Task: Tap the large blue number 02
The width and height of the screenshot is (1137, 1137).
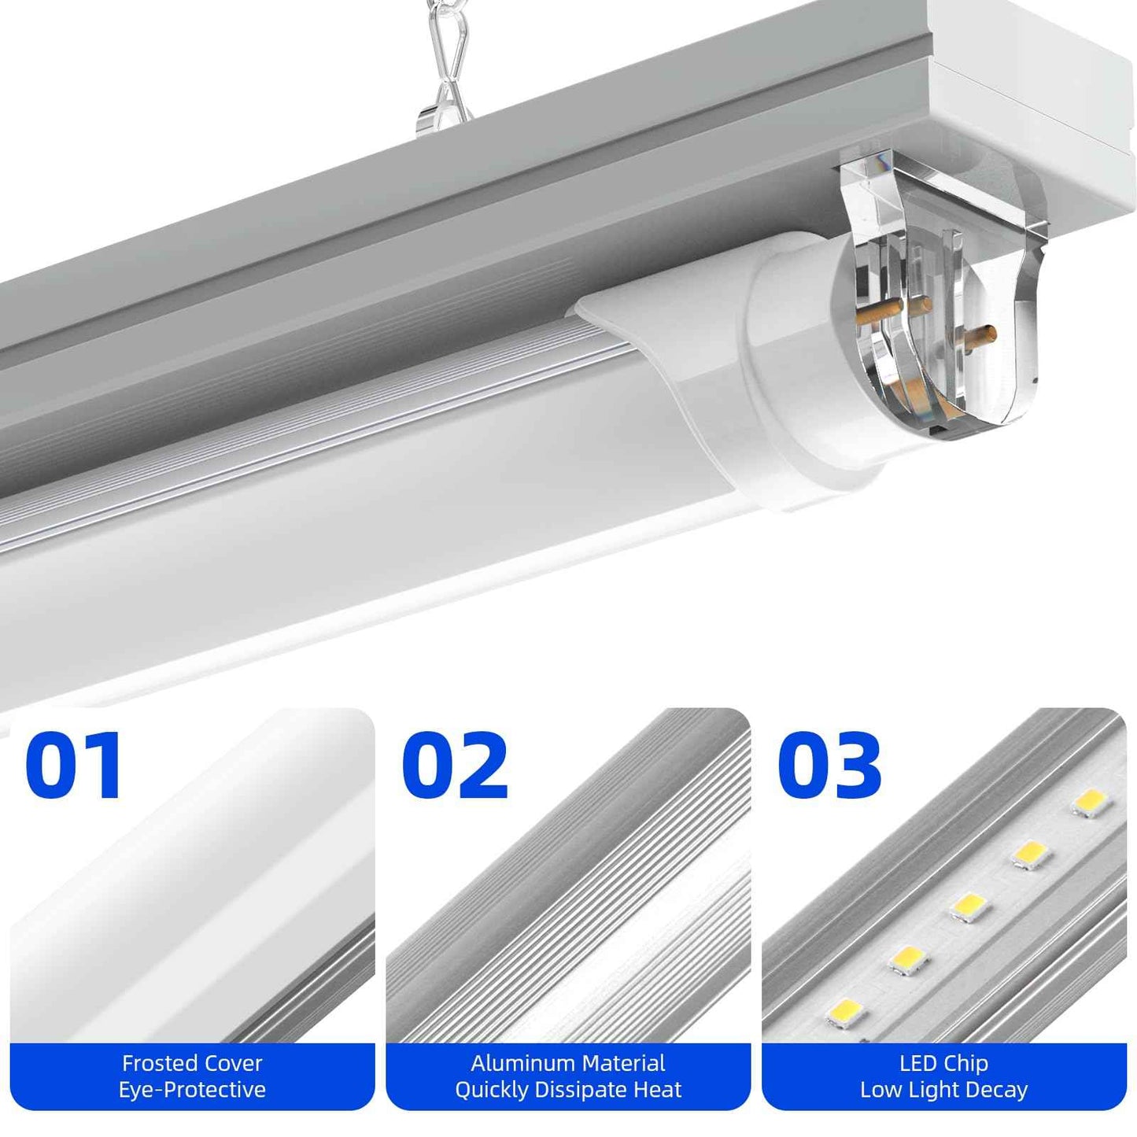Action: click(454, 765)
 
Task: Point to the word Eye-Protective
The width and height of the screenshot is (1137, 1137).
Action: click(192, 1090)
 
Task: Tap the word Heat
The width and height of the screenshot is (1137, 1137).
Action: click(658, 1090)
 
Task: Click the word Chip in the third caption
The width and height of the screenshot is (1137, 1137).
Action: click(966, 1063)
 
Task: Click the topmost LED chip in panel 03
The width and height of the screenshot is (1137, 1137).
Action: click(1091, 803)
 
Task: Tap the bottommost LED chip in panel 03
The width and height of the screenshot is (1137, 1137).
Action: click(845, 1012)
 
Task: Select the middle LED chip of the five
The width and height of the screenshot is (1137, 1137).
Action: click(968, 906)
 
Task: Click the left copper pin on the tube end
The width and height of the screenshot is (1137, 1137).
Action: click(874, 313)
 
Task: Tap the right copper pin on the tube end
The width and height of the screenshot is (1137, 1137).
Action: click(980, 336)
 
